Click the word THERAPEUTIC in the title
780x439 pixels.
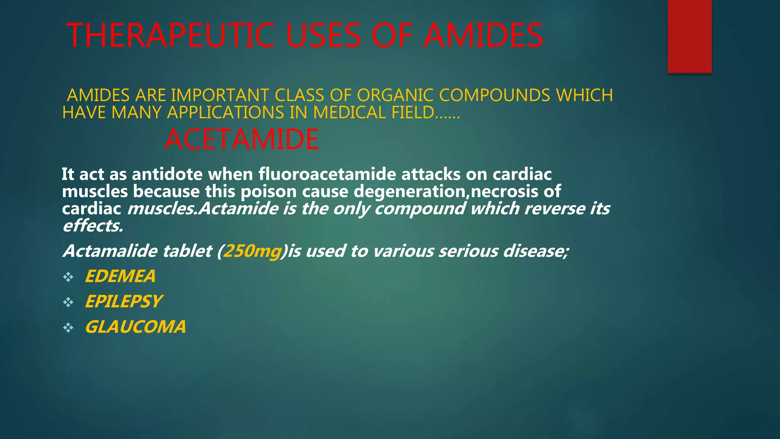pos(171,35)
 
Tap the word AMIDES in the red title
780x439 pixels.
pos(483,35)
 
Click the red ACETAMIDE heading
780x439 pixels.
pos(242,139)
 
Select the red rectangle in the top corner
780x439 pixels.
pos(689,36)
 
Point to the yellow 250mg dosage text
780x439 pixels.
pos(252,251)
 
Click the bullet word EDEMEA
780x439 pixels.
pos(120,276)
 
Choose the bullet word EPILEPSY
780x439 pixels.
pos(123,301)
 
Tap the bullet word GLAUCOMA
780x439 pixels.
pos(135,327)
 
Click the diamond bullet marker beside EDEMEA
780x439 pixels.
pos(68,277)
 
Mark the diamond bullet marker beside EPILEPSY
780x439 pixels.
pos(68,302)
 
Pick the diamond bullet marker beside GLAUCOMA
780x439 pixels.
pos(68,327)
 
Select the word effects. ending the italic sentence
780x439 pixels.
pos(93,226)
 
